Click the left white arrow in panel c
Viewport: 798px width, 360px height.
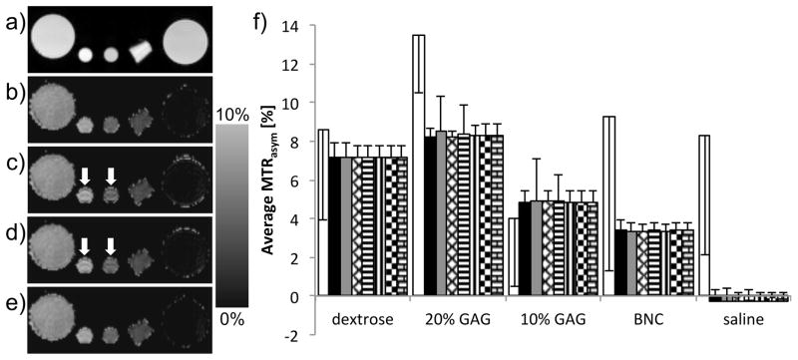[86, 176]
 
